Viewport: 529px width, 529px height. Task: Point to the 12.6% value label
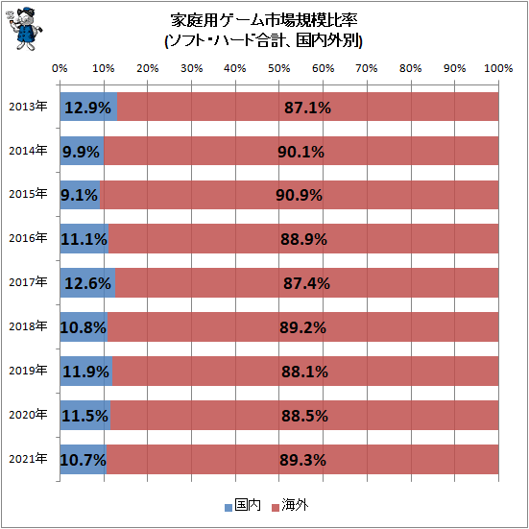pyautogui.click(x=87, y=282)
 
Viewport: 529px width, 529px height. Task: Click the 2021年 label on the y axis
pyautogui.click(x=27, y=459)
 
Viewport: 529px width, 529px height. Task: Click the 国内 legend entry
pyautogui.click(x=242, y=504)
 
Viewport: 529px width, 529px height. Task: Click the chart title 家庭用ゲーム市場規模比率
pyautogui.click(x=263, y=20)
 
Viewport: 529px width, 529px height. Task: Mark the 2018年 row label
pyautogui.click(x=27, y=326)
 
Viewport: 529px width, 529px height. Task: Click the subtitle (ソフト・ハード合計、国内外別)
pyautogui.click(x=263, y=41)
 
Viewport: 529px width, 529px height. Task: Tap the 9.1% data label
pyautogui.click(x=79, y=194)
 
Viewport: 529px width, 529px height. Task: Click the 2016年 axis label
pyautogui.click(x=27, y=237)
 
